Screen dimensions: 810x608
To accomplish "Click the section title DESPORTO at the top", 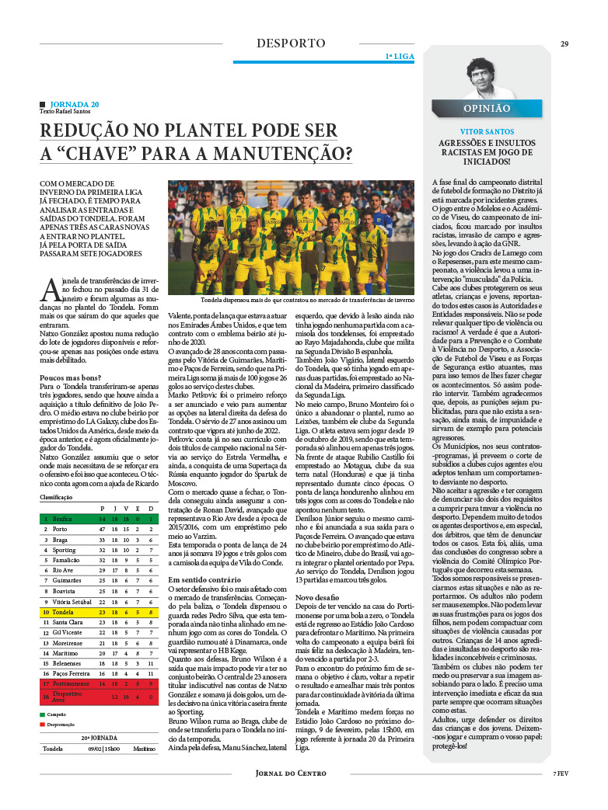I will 292,43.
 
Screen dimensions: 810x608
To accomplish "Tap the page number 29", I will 565,43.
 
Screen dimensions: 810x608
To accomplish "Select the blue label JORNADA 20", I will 74,104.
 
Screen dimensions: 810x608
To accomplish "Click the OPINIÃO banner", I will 487,109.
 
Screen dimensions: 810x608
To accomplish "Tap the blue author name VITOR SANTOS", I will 487,133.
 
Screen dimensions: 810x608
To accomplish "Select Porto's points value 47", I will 102,529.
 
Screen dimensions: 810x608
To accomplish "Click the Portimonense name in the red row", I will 71,683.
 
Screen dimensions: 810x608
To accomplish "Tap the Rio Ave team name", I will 64,570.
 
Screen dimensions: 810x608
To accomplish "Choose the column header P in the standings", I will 103,508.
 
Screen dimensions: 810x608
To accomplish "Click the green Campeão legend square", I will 43,713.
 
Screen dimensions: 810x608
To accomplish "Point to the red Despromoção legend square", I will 43,725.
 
